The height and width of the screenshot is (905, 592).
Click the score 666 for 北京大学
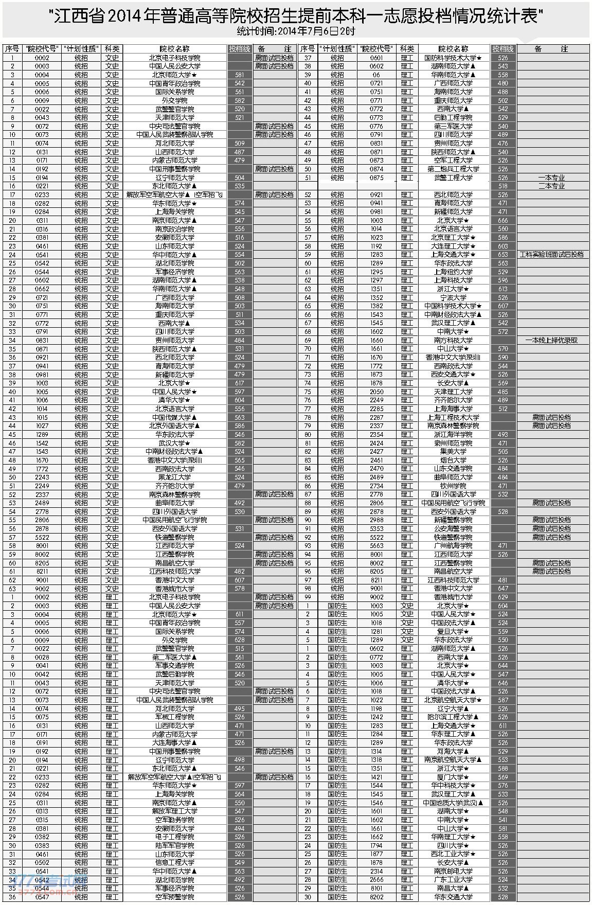point(503,220)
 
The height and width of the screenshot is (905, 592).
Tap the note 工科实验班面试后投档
point(551,254)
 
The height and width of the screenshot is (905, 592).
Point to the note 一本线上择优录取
point(551,340)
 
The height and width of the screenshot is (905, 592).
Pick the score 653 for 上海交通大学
point(503,254)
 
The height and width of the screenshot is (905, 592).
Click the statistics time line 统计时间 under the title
point(296,31)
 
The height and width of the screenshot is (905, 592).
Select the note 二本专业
point(551,186)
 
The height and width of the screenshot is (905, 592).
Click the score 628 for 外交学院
point(239,640)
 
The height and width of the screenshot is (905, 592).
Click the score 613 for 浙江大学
point(503,289)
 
